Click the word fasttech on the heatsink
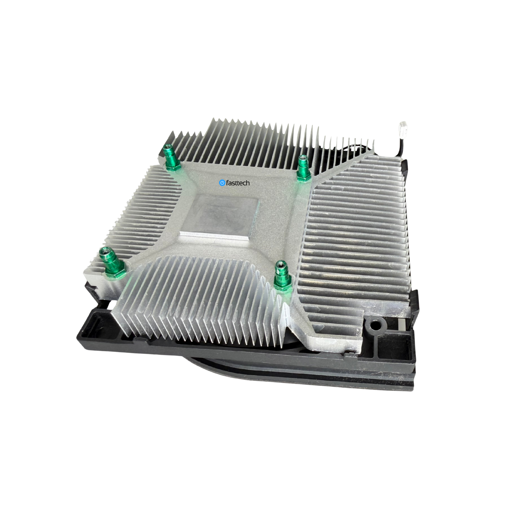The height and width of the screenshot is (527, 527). click(238, 183)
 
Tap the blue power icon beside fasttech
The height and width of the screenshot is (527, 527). click(222, 183)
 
